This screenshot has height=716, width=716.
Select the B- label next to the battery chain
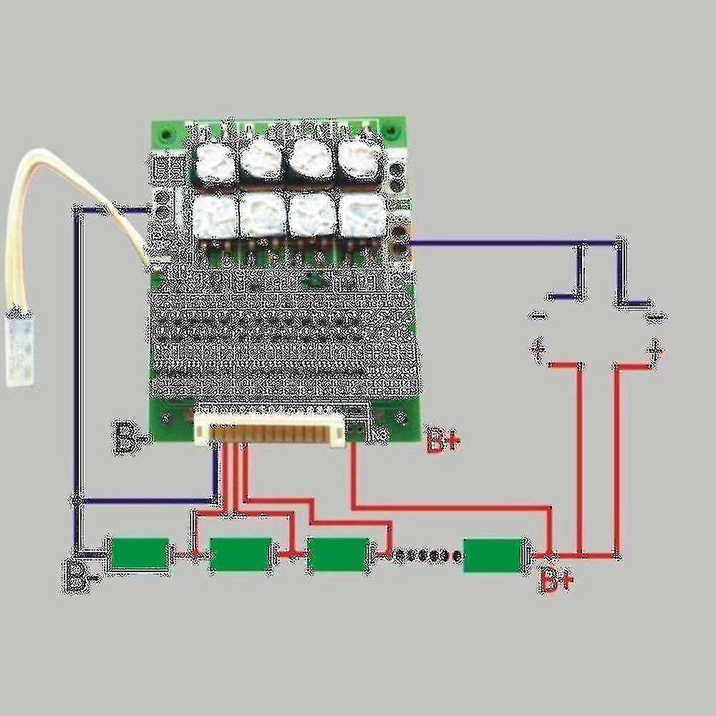77,575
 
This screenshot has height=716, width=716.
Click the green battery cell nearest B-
140,554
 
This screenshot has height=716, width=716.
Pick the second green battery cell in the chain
241,554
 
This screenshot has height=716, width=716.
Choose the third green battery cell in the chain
337,554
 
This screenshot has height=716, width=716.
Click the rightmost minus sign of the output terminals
654,315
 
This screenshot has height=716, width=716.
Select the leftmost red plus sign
538,349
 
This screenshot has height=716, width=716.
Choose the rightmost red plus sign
654,351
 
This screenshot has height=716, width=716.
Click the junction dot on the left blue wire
76,500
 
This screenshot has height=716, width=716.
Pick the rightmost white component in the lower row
362,215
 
